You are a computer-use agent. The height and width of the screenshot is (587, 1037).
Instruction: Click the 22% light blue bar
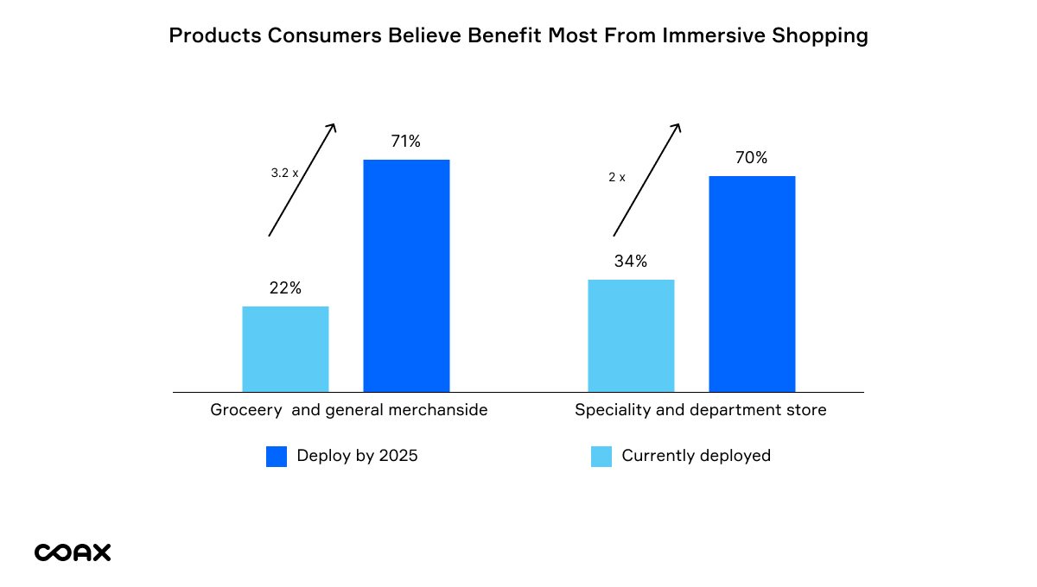click(x=285, y=349)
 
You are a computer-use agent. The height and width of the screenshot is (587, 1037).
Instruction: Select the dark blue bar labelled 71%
click(x=406, y=275)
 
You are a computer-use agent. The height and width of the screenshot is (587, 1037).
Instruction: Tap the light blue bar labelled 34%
click(x=631, y=335)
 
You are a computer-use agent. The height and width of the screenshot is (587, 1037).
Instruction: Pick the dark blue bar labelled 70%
click(x=752, y=284)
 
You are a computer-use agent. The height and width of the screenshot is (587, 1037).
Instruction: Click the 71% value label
click(x=405, y=142)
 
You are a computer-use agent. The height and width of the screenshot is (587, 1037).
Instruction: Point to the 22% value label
click(x=285, y=288)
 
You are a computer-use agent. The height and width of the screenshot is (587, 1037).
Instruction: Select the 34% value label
click(x=631, y=262)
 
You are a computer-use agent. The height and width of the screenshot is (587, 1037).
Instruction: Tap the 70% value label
click(x=752, y=158)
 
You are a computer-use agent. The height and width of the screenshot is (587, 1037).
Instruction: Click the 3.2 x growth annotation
click(x=284, y=173)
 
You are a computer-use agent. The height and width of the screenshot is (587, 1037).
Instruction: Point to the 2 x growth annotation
click(x=617, y=177)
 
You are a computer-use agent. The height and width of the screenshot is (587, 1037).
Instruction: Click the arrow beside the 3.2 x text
click(x=302, y=180)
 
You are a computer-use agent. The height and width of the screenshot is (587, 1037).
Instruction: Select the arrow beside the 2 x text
click(x=647, y=180)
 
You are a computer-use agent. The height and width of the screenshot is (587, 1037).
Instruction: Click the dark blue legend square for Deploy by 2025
click(x=277, y=457)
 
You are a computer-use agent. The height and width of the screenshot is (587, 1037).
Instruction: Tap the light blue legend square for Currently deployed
click(x=601, y=457)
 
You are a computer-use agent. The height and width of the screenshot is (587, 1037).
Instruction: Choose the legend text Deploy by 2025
click(x=357, y=456)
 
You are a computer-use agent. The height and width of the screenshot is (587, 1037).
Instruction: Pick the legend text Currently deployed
click(x=696, y=456)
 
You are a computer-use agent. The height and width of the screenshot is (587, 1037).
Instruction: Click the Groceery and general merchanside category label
click(x=349, y=410)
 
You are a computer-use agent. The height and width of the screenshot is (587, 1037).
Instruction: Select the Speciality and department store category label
click(x=701, y=410)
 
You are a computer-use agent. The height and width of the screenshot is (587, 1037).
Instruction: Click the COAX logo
click(x=73, y=552)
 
